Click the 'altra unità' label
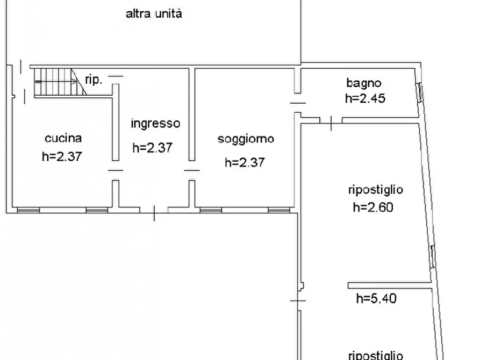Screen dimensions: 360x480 click(154, 14)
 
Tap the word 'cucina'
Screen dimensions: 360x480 click(63, 138)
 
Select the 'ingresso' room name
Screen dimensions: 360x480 click(155, 124)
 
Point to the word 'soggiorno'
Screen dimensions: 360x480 click(246, 139)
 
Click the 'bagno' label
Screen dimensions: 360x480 click(364, 83)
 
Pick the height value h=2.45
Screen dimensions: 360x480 click(365, 98)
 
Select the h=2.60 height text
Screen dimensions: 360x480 click(373, 207)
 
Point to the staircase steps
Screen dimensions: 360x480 click(54, 82)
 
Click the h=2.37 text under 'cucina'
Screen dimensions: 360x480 click(61, 156)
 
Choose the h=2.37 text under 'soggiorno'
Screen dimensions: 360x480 click(245, 162)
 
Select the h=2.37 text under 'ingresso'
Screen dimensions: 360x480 click(152, 147)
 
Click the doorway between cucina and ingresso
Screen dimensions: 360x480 click(115, 170)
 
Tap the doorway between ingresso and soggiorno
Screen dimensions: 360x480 click(191, 170)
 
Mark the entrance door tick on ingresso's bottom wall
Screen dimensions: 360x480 click(154, 213)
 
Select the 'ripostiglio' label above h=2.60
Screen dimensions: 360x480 click(376, 190)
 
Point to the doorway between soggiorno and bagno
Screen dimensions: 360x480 click(297, 103)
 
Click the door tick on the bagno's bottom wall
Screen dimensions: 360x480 click(331, 123)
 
